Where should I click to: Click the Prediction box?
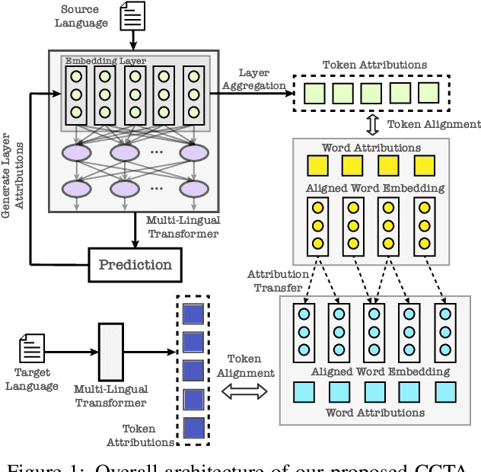pos(136,264)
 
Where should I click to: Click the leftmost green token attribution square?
pos(313,94)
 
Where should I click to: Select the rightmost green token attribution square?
pos(428,94)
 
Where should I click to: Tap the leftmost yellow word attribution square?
pos(317,166)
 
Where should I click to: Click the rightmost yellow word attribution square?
pos(425,166)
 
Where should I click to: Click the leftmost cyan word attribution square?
pos(304,391)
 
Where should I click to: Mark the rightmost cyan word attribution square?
pos(444,391)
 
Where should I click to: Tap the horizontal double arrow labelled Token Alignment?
pos(245,391)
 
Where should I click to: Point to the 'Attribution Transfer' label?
pos(278,281)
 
